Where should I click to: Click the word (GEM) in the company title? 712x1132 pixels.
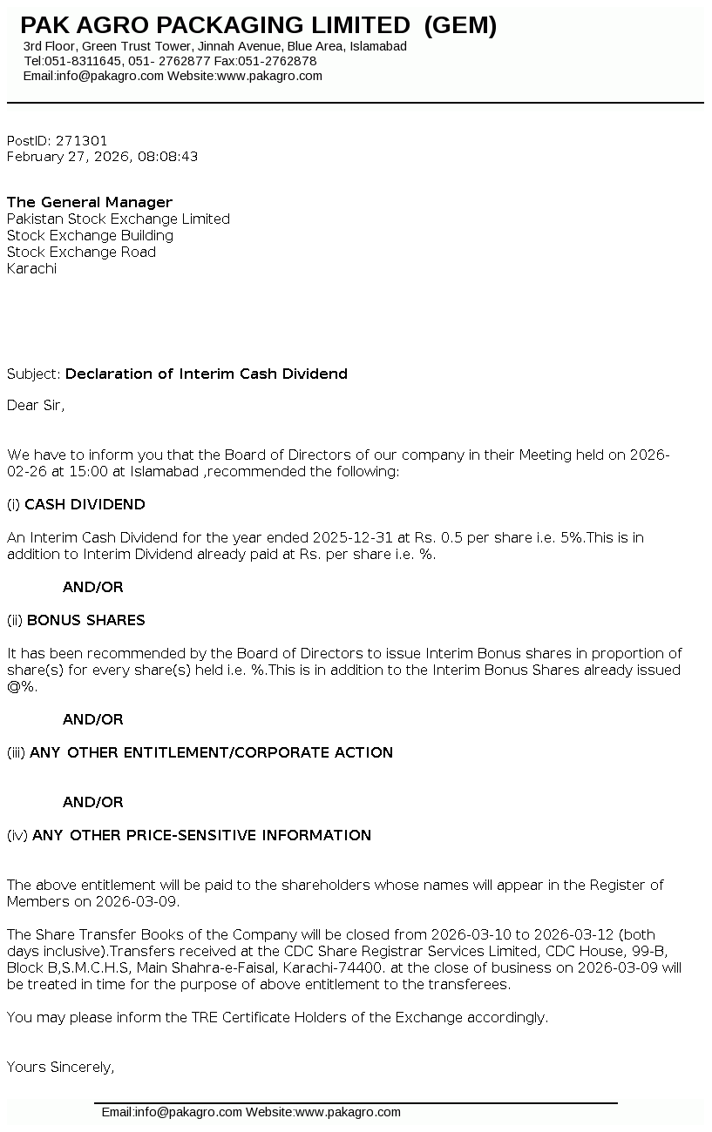(460, 26)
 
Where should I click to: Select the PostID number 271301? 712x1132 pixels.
(82, 140)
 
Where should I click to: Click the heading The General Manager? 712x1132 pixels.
(90, 202)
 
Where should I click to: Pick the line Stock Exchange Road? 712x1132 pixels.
(81, 252)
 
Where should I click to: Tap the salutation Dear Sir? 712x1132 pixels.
(36, 405)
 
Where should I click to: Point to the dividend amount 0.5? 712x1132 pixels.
(451, 538)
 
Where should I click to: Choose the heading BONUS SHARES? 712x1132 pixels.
(86, 620)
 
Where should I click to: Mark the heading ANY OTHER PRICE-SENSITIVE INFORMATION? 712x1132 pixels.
(201, 835)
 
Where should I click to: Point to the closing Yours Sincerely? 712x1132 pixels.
(61, 1067)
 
